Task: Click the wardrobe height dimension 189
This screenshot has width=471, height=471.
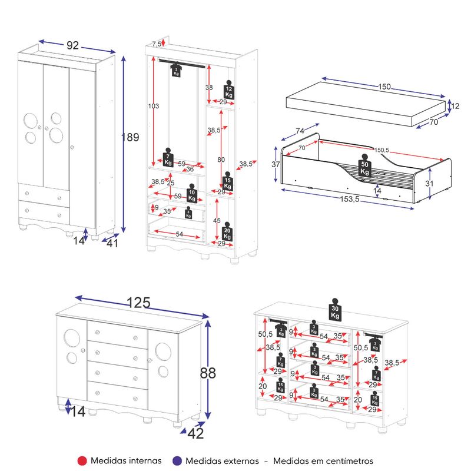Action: pos(130,137)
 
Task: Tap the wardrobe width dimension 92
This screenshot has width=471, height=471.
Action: pos(72,45)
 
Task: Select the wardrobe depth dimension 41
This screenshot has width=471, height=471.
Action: pos(112,243)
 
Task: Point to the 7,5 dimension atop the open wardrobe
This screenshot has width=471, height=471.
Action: pos(156,44)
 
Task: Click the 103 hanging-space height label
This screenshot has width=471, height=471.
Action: pos(154,106)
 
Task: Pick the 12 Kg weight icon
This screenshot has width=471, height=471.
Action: pos(228,90)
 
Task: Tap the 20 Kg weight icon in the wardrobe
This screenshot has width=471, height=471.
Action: pos(227,231)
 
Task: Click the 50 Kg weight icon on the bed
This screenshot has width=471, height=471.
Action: pos(364,165)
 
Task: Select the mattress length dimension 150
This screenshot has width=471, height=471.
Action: pos(384,87)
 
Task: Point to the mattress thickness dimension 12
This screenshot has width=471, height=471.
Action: pos(455,106)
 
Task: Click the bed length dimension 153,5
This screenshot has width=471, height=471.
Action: pos(350,199)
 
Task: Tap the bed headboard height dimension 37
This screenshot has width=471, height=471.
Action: pos(276,164)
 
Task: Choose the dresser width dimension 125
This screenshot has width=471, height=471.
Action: pos(138,303)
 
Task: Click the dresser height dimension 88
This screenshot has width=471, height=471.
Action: pos(208,373)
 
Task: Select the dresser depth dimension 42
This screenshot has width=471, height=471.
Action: pos(195,433)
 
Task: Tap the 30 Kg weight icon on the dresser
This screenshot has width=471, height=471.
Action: pos(335,310)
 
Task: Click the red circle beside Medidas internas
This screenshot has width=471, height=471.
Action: pos(82,461)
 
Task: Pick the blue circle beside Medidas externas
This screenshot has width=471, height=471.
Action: pos(177,461)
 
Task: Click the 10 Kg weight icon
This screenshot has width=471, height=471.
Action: pos(192,194)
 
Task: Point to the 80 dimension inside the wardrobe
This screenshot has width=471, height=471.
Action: pos(221,160)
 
